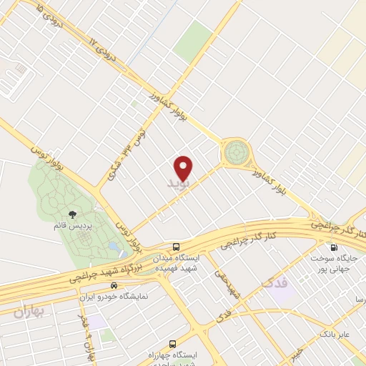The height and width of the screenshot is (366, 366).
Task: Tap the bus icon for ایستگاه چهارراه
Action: click(172, 345)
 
